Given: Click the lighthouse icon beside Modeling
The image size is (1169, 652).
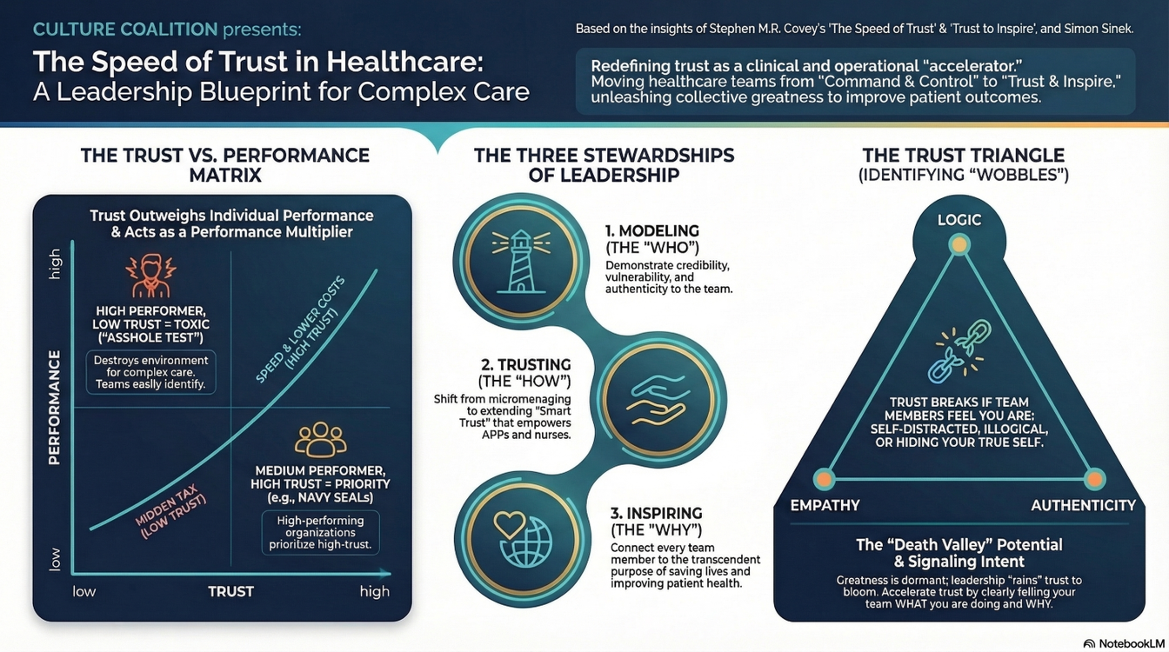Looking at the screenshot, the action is click(x=521, y=261).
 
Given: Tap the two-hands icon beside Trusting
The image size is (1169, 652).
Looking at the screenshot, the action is click(x=657, y=401).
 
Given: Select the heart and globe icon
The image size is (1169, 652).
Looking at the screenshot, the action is click(x=523, y=539).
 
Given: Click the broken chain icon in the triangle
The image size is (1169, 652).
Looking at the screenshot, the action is click(x=959, y=351).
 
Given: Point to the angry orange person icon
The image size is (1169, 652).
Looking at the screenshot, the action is click(x=151, y=276).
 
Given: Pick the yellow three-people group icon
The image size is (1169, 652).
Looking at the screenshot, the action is click(x=320, y=440).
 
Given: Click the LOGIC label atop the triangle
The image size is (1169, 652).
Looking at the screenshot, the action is click(x=959, y=220).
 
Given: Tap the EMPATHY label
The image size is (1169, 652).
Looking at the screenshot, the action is click(x=825, y=505).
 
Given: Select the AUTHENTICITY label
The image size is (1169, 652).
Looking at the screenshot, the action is click(x=1084, y=505).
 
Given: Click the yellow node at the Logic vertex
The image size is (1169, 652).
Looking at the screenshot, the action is click(x=959, y=244).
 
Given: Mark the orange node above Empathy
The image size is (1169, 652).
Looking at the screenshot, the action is click(x=825, y=479).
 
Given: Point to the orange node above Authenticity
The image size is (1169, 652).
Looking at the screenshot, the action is click(x=1094, y=479).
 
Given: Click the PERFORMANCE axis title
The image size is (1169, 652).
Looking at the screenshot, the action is click(x=54, y=408).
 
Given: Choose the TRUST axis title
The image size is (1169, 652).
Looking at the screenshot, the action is click(x=230, y=591).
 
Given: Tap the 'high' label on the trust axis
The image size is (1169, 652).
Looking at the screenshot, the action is click(x=375, y=591).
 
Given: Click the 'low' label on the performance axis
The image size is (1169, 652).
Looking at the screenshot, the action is click(x=54, y=559).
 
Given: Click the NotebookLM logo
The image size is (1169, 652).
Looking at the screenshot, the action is click(x=1124, y=643).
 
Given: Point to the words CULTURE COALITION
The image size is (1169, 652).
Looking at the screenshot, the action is click(x=125, y=30).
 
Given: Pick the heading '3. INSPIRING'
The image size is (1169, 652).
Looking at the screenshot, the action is click(x=657, y=513).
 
